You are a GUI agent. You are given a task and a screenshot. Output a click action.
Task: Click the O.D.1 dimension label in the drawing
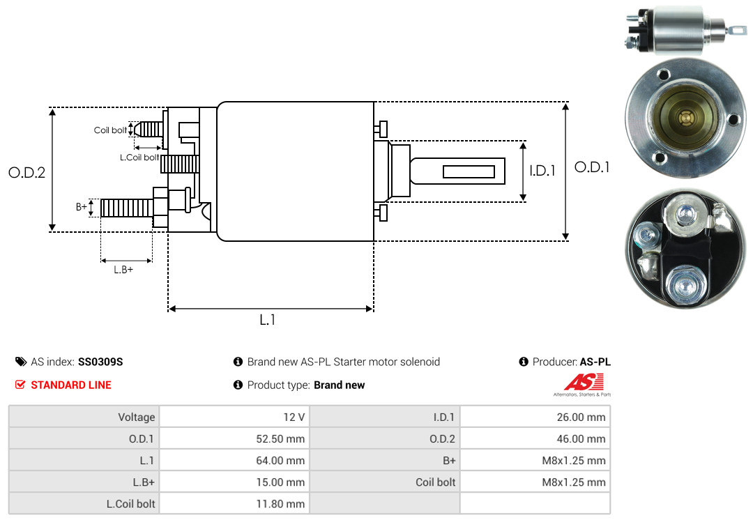[592, 167]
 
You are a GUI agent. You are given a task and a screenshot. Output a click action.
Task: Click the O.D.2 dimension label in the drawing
[26, 173]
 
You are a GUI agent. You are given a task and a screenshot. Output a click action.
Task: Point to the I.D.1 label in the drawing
[542, 170]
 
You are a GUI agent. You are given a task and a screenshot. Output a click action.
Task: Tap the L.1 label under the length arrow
[268, 320]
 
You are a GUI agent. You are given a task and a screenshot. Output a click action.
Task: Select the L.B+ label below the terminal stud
[123, 270]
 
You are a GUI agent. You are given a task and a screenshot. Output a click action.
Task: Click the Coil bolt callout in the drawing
[110, 130]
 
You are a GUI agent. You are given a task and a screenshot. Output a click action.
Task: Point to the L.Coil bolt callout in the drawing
[139, 158]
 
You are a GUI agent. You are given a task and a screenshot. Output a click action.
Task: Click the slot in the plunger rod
[469, 171]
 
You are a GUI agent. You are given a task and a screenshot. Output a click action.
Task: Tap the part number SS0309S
[100, 362]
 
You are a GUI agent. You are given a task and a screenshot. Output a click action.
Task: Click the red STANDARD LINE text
[70, 385]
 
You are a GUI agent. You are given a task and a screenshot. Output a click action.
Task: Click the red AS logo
[583, 383]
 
